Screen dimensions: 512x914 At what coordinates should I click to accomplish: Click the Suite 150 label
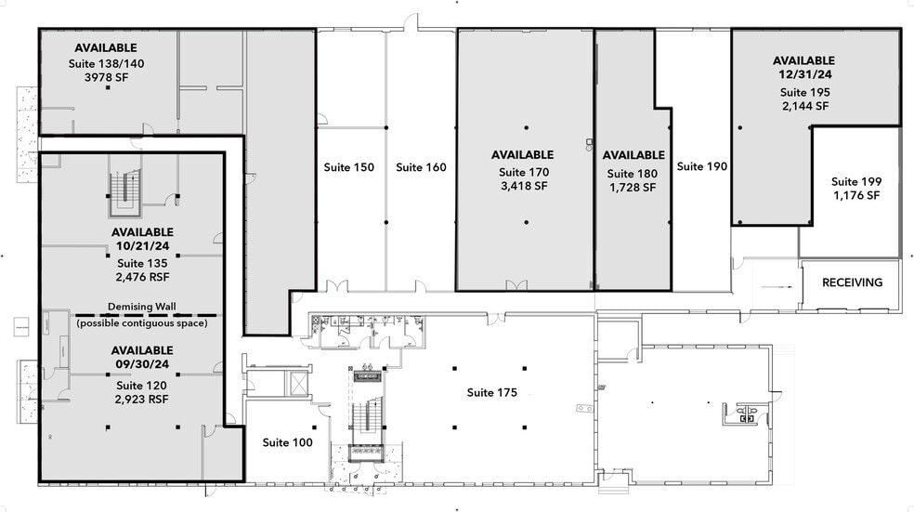348,167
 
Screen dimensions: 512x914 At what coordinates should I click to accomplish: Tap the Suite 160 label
421,167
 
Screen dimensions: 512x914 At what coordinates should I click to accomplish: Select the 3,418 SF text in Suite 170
525,187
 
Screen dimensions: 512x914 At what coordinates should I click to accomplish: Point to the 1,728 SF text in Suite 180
633,188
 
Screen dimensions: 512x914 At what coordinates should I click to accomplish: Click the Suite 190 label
701,166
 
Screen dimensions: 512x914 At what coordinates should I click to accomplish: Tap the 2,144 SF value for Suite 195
803,106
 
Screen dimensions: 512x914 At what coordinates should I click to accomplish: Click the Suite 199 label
855,181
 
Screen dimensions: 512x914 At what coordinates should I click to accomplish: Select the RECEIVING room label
852,282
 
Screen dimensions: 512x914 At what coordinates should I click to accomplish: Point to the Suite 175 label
491,392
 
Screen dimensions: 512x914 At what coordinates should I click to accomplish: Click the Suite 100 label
287,442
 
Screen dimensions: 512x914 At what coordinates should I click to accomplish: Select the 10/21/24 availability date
141,246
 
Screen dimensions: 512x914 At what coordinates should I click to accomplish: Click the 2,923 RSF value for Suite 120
141,399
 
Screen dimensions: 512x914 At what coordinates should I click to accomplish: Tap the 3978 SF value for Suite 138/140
106,78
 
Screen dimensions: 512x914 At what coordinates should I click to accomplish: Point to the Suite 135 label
141,263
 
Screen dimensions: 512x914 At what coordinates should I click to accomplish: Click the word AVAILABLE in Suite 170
522,154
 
